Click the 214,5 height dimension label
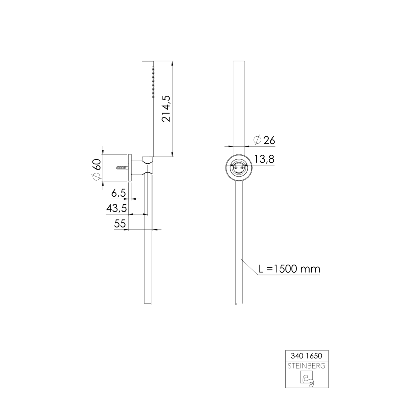click(x=167, y=109)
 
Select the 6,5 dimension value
click(x=119, y=193)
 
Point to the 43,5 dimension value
click(x=117, y=209)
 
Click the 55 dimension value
click(x=120, y=224)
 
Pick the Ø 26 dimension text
click(x=264, y=140)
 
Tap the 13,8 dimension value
click(x=264, y=159)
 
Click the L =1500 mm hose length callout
click(x=289, y=269)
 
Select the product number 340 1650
click(x=306, y=356)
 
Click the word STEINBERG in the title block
click(x=306, y=366)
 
